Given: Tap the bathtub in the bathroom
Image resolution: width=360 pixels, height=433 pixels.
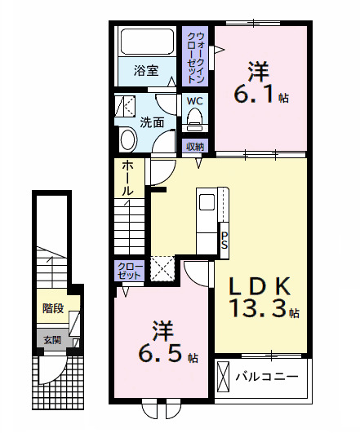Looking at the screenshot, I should pos(145,42).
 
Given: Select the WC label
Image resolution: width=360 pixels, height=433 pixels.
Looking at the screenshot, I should pos(195,101).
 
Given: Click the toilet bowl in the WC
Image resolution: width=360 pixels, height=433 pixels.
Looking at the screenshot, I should pos(195,120).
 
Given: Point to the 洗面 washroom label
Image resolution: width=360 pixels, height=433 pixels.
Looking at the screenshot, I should pos(152,123).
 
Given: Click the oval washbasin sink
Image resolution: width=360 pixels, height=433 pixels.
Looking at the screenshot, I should pos(128,139).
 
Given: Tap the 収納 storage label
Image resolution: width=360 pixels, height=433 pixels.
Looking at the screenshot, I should pos(195,147).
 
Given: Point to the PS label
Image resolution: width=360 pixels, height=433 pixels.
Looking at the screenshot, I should pos(224,241).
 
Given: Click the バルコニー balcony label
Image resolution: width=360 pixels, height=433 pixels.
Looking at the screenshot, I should pos(267,377).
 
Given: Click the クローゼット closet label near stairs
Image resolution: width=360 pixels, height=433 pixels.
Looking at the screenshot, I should pos(131,270).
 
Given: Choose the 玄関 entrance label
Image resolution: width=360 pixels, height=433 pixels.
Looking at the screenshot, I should pos(51,339).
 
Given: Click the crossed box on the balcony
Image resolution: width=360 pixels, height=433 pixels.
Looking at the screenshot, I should pos(224,378).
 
